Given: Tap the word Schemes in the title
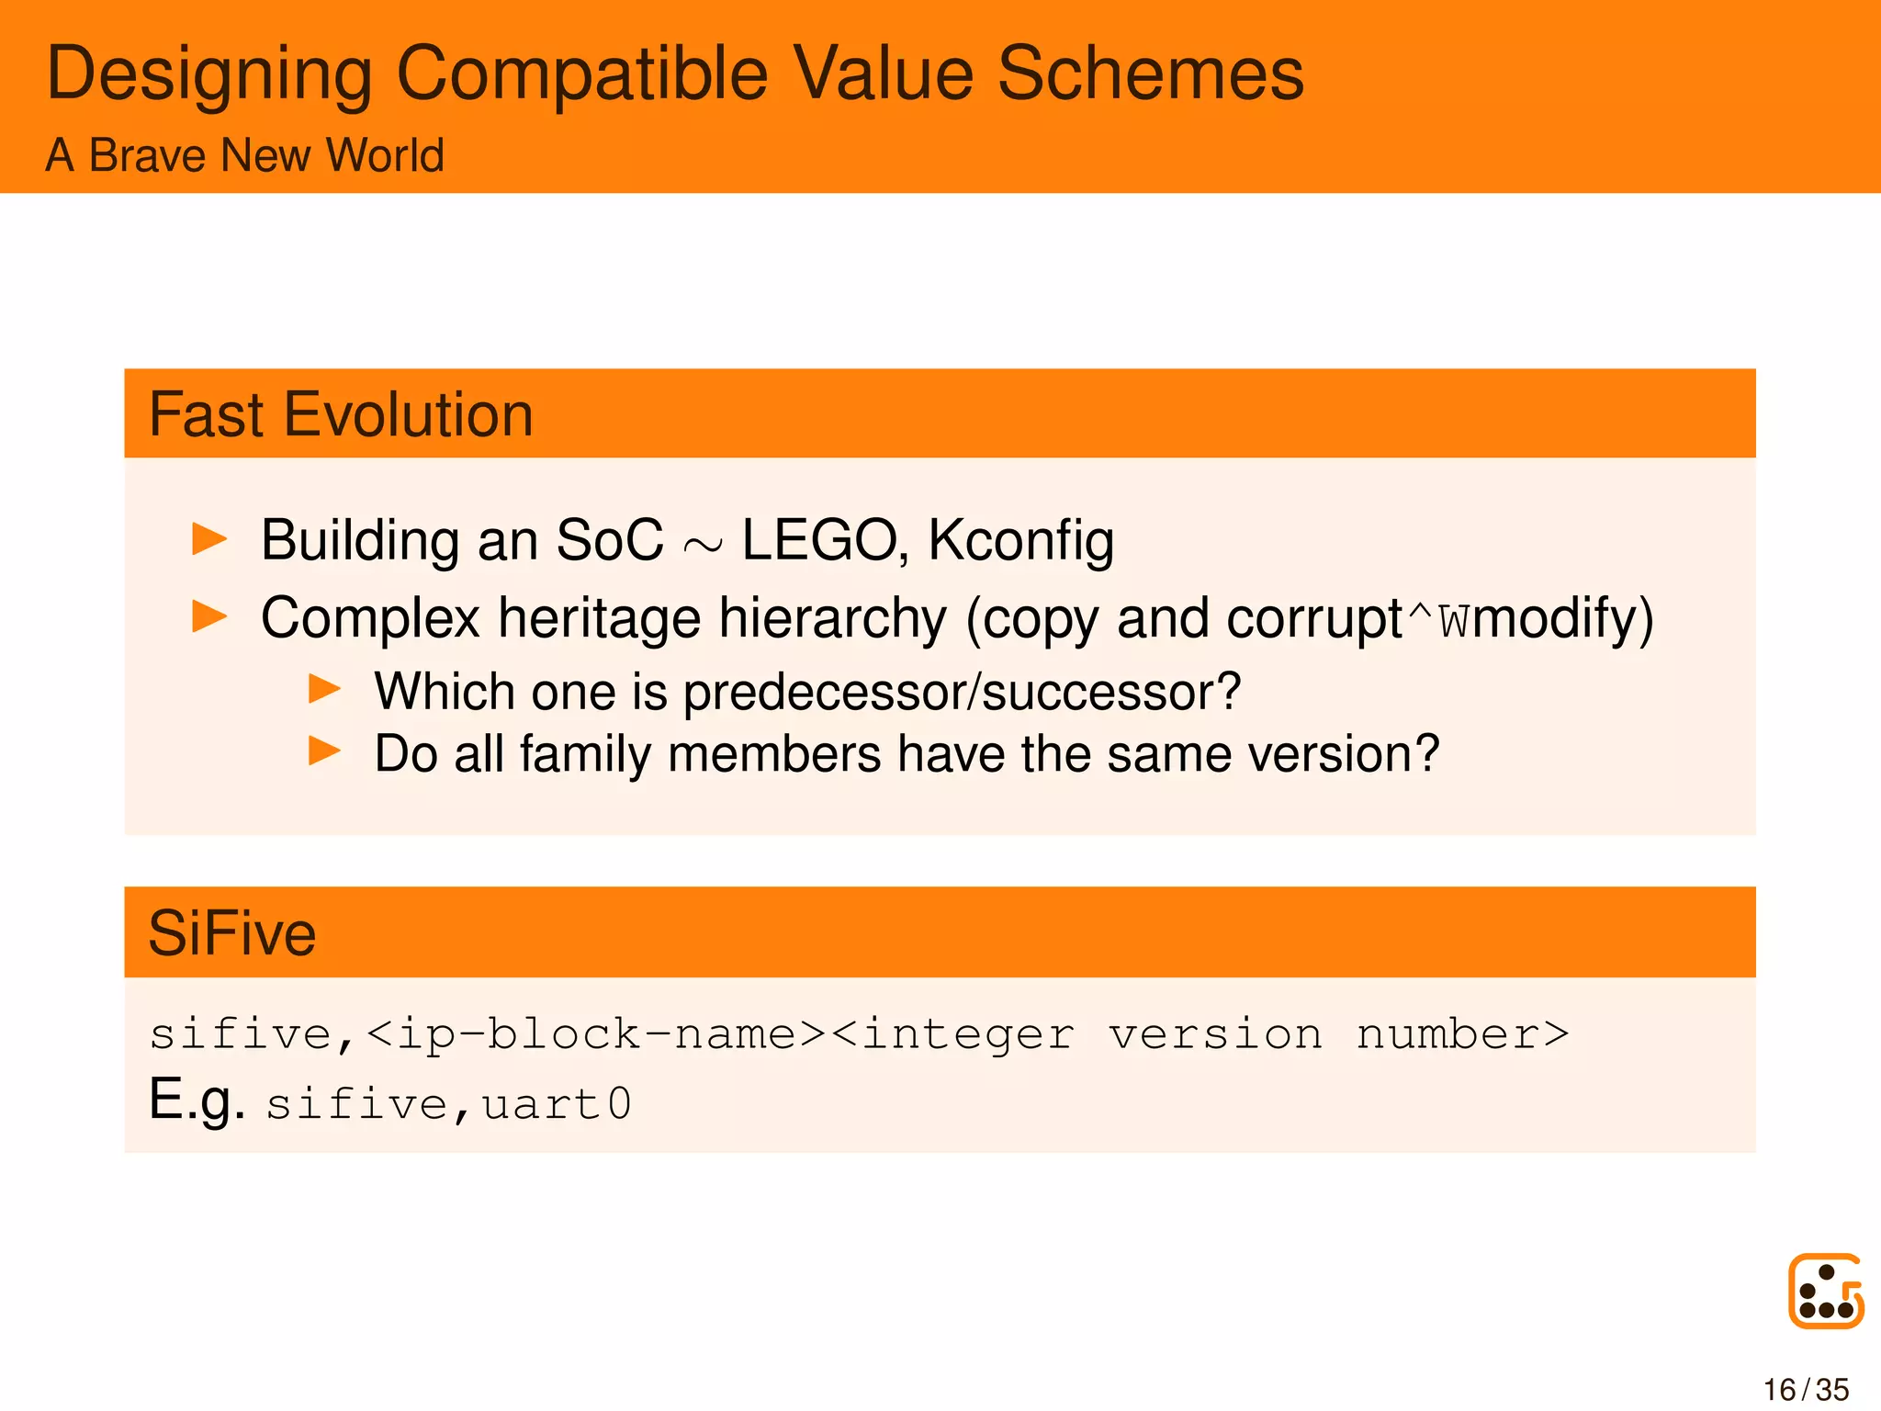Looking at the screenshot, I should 1150,73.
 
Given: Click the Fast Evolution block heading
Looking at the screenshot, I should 341,414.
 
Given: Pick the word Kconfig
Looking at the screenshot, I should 1020,541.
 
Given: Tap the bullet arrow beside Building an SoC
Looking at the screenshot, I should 209,538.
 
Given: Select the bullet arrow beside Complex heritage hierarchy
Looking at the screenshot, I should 209,615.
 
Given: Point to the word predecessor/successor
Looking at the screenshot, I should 962,692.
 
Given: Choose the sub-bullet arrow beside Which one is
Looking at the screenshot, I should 324,689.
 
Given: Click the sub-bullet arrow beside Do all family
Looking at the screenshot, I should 324,751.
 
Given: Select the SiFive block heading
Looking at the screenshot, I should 232,933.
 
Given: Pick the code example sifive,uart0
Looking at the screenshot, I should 449,1104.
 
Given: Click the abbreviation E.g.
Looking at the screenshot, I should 197,1100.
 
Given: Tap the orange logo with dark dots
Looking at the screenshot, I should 1825,1291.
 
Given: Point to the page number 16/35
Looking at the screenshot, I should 1806,1389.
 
